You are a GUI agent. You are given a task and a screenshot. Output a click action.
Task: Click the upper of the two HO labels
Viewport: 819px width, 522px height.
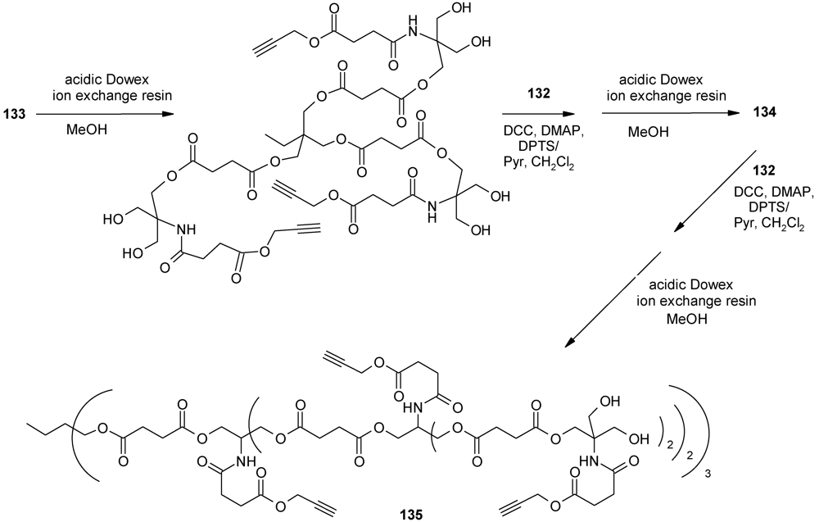click(x=111, y=220)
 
